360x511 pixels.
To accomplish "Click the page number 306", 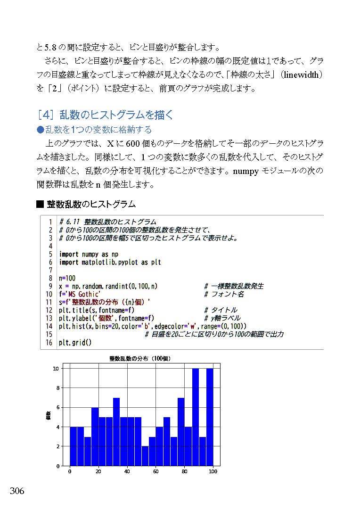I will pyautogui.click(x=16, y=491).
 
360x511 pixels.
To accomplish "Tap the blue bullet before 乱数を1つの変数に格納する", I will pyautogui.click(x=40, y=129).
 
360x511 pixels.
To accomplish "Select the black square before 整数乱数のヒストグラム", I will pyautogui.click(x=40, y=204).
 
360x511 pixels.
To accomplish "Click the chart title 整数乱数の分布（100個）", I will pyautogui.click(x=139, y=359).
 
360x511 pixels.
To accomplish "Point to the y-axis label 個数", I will pyautogui.click(x=48, y=417).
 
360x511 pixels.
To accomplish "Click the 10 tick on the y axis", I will pyautogui.click(x=56, y=369).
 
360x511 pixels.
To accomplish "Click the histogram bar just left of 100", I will pyautogui.click(x=209, y=417).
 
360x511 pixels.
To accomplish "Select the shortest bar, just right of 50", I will pyautogui.click(x=145, y=456).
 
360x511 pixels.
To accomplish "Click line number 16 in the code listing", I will pyautogui.click(x=49, y=343).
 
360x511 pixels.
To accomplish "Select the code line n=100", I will pyautogui.click(x=67, y=278).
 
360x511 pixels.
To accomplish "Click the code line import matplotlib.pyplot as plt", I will pyautogui.click(x=110, y=262).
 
